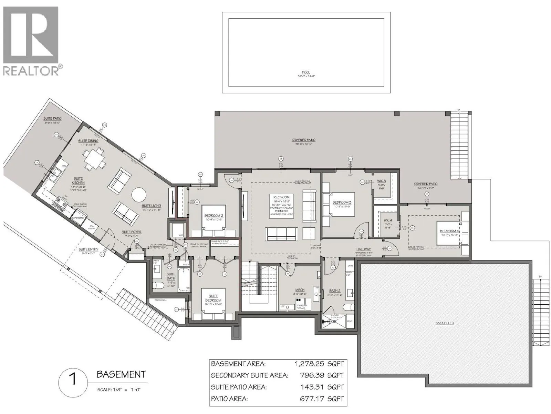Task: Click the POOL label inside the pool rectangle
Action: [306, 72]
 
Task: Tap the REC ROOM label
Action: [281, 197]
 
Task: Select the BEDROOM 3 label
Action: [342, 203]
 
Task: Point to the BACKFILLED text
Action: [444, 323]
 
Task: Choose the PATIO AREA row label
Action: [229, 399]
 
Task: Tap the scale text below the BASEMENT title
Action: [119, 390]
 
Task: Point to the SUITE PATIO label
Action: [52, 119]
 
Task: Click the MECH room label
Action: [300, 290]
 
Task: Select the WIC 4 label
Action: [388, 220]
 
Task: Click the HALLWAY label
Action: [363, 249]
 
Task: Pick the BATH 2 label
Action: [334, 291]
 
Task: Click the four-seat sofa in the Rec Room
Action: [281, 234]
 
